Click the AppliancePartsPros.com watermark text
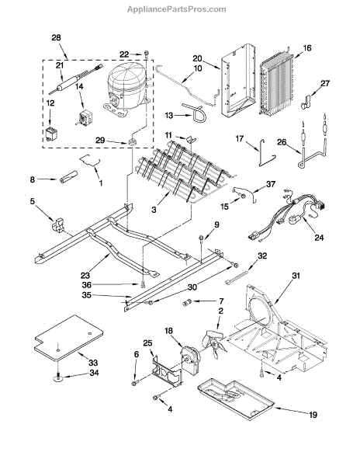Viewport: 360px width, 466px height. pyautogui.click(x=177, y=9)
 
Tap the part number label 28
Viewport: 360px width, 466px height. pyautogui.click(x=56, y=37)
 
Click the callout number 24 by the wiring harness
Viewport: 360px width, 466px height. pyautogui.click(x=319, y=237)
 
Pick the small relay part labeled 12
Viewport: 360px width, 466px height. pyautogui.click(x=52, y=134)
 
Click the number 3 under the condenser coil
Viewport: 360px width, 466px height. pyautogui.click(x=154, y=210)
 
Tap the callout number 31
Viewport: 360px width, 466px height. pyautogui.click(x=296, y=276)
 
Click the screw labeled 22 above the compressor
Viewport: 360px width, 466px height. pyautogui.click(x=147, y=54)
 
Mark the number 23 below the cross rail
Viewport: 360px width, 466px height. pyautogui.click(x=85, y=276)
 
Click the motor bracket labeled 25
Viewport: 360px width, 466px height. pyautogui.click(x=167, y=372)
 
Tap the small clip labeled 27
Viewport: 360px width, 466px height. pyautogui.click(x=306, y=101)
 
